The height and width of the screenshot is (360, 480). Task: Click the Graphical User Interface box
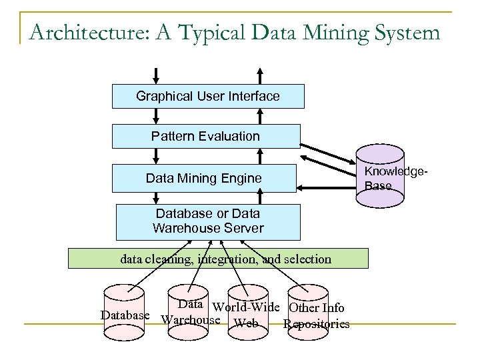click(207, 97)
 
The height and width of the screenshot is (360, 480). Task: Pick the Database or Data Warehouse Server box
click(207, 222)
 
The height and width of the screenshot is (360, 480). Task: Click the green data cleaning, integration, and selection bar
click(219, 259)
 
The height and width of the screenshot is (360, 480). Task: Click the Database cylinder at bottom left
click(125, 313)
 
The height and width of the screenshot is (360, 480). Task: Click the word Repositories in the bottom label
click(316, 325)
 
